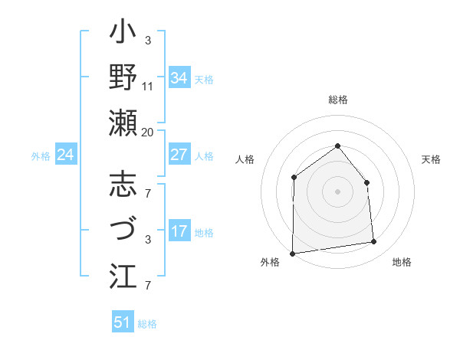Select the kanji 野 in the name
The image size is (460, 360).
point(123,79)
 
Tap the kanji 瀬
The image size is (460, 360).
point(123,123)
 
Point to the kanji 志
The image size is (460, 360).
point(123,186)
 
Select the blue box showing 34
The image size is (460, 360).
point(179,78)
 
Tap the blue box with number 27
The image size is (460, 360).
point(179,155)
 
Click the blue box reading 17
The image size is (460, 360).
point(179,231)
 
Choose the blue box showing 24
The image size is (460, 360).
point(66,155)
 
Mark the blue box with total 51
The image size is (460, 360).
point(123,322)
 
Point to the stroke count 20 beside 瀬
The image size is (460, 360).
point(147,132)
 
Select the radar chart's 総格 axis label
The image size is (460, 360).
point(337,100)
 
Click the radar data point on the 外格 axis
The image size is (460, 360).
point(292,253)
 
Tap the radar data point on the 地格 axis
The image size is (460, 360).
point(374,242)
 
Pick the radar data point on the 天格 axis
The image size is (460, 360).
point(366,182)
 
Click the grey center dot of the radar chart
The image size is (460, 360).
point(337,191)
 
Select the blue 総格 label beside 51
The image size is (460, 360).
point(147,324)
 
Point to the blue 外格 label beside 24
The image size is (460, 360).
point(41,156)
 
